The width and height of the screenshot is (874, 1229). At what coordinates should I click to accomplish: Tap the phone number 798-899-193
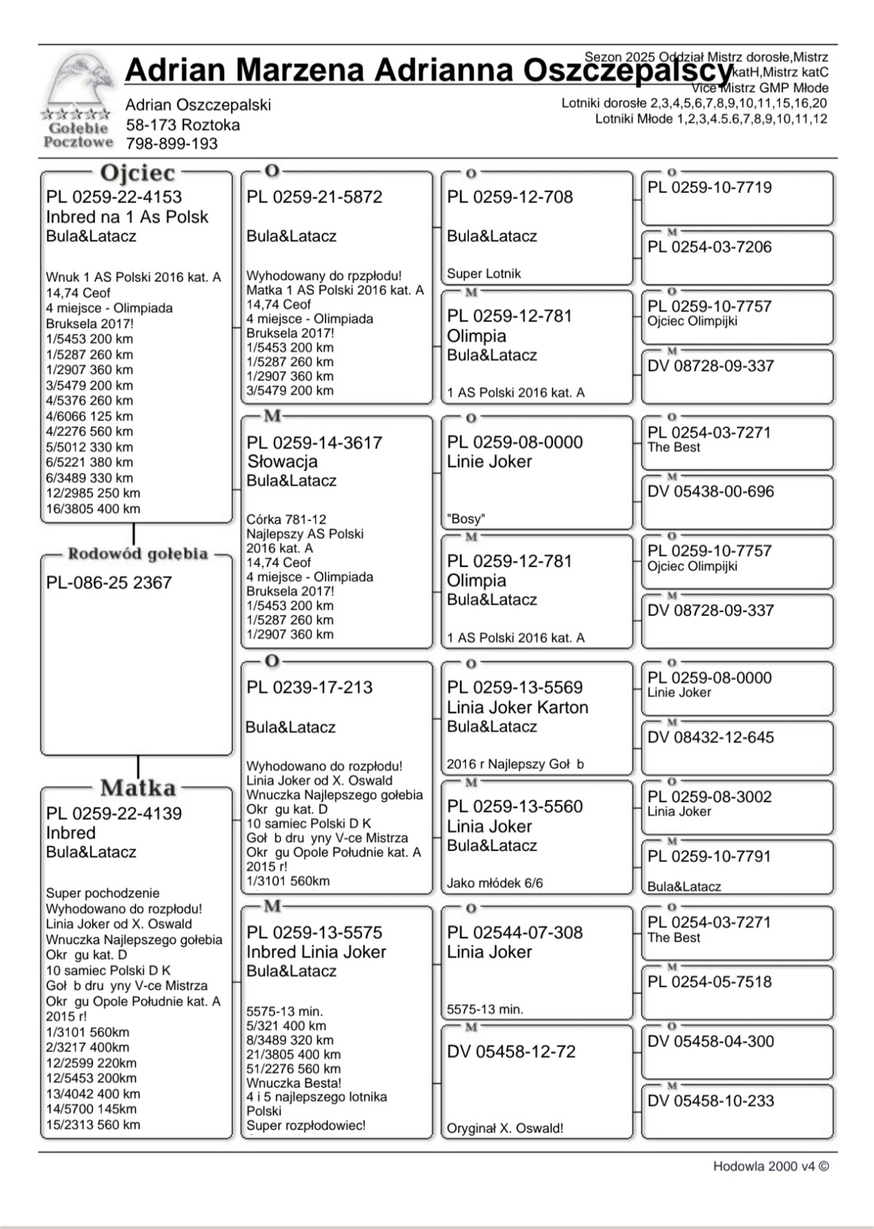[171, 144]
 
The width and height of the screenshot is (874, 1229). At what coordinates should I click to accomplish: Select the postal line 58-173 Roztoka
[182, 125]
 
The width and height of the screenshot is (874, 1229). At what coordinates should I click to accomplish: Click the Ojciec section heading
[138, 173]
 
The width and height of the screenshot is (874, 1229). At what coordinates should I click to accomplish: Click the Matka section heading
[138, 788]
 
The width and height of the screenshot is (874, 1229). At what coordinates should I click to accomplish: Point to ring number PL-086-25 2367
[109, 583]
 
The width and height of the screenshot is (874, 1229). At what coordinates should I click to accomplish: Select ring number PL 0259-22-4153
[114, 197]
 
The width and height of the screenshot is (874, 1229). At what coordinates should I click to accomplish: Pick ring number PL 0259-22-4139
[114, 814]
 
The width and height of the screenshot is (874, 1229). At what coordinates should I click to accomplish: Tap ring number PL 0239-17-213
[310, 687]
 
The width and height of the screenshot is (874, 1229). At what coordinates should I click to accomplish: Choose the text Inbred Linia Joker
[316, 952]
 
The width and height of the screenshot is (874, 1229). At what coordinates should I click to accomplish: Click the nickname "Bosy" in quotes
[466, 519]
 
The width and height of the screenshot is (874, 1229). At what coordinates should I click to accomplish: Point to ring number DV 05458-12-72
[511, 1052]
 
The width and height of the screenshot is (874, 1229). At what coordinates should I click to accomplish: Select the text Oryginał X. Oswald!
[505, 1129]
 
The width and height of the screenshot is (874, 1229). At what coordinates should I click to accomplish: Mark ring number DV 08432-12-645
[711, 738]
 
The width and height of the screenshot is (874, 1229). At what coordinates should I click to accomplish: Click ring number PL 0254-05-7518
[709, 982]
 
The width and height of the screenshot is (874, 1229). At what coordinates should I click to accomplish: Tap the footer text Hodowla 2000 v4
[771, 1166]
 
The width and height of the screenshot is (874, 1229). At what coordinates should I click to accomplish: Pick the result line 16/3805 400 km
[93, 509]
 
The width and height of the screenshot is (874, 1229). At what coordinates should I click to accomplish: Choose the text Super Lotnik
[484, 274]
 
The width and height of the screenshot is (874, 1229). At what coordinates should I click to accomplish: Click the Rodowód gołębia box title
[138, 554]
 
